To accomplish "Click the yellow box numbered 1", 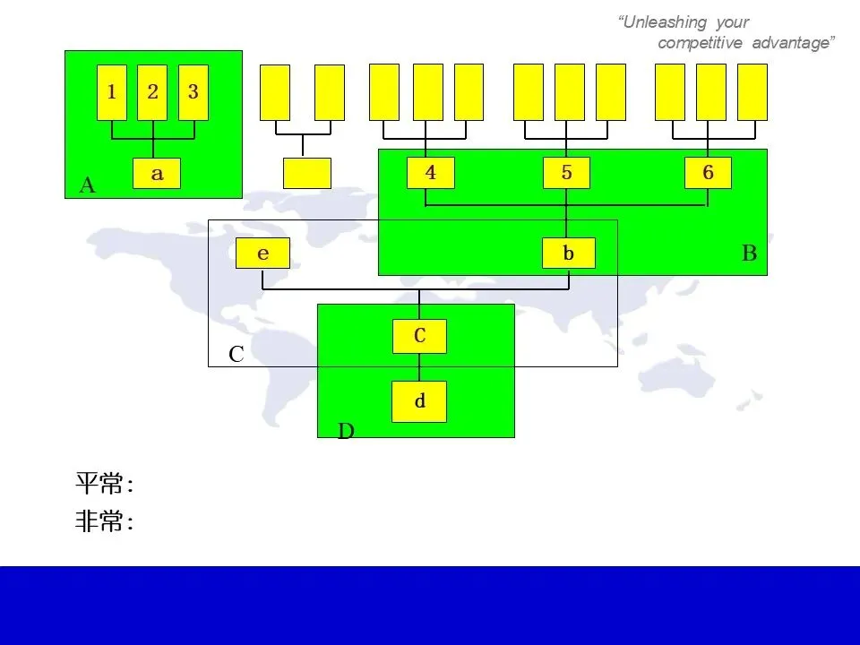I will [x=112, y=92].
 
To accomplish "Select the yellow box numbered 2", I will [x=152, y=92].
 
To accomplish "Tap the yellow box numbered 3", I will [x=193, y=92].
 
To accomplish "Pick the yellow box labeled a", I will [x=157, y=174].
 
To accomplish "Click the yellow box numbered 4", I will [x=431, y=173].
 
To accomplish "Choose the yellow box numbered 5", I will [x=566, y=173].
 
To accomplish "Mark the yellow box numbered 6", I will [x=708, y=173].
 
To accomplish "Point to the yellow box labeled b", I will [x=568, y=254].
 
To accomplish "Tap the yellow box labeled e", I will [x=262, y=254].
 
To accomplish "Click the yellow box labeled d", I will [x=419, y=401].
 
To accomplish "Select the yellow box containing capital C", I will [x=419, y=336].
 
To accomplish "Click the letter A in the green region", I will [x=87, y=185].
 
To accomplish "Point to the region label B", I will [x=750, y=254].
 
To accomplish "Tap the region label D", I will [x=346, y=432].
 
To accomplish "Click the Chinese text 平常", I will [x=99, y=485].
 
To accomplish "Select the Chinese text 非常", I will [x=99, y=522].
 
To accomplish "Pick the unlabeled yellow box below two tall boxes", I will [x=306, y=173].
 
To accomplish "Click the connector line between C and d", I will [x=419, y=367].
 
